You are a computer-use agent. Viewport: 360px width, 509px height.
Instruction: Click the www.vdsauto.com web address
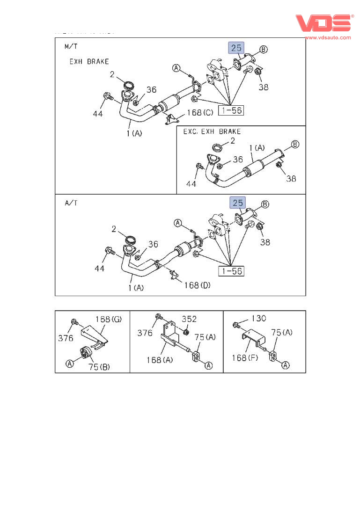coord(327,37)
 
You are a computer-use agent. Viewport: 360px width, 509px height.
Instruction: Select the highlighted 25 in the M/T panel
coord(236,48)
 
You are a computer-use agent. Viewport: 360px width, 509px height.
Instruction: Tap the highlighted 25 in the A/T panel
coord(238,203)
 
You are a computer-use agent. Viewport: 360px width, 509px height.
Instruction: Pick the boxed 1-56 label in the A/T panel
coord(231,270)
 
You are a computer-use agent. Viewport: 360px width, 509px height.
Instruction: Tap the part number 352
coord(189,319)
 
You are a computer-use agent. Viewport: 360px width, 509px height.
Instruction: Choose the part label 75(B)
coord(99,367)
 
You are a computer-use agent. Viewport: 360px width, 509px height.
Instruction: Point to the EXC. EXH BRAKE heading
coord(212,131)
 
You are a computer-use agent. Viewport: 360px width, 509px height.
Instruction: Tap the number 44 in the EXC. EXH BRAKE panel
coord(191,184)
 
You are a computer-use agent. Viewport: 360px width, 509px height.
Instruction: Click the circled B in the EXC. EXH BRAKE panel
coord(295,144)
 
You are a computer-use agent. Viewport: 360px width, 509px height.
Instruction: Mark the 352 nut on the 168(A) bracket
coord(186,333)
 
